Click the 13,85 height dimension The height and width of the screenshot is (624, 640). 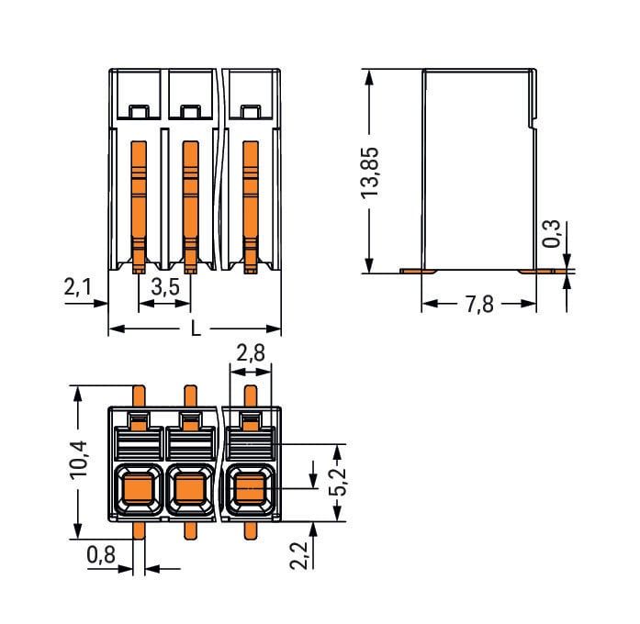[371, 172]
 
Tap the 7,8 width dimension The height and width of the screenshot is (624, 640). [479, 305]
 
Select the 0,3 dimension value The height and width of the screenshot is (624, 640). [552, 234]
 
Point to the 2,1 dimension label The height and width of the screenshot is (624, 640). [77, 286]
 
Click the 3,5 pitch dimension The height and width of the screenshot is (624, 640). [165, 286]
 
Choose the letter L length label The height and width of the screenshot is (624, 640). [196, 329]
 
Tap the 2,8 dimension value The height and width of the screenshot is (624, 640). [251, 353]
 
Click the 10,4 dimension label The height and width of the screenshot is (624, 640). [78, 459]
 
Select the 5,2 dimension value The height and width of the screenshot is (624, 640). [338, 481]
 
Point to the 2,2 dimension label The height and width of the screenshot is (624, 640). [298, 555]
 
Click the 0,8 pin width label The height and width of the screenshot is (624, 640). [101, 555]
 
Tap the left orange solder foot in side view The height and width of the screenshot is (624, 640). [418, 271]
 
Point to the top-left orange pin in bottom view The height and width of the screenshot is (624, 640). [139, 396]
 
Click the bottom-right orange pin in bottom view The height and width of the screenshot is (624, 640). [250, 530]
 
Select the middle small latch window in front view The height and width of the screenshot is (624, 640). [190, 112]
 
